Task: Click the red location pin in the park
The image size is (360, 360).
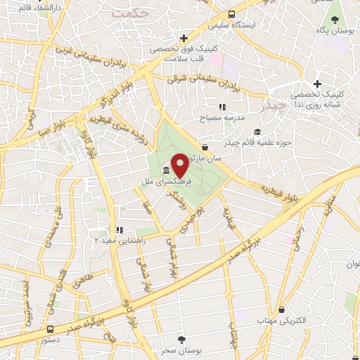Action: [179, 165]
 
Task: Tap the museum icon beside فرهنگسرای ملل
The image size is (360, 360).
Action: [166, 171]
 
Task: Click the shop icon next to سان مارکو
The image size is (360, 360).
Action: [205, 147]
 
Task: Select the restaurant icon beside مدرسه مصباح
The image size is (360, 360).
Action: [221, 107]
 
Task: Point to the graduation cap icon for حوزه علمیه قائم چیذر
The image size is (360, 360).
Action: [257, 132]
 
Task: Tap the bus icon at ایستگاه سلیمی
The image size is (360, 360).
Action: [231, 15]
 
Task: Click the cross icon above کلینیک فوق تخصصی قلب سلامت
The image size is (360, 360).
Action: [184, 38]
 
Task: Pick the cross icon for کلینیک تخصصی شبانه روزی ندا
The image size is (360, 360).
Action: [318, 84]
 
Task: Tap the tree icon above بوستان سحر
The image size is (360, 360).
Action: [182, 339]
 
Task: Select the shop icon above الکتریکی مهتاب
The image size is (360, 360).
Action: [281, 309]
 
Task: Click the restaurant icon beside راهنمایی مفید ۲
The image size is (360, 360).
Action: [119, 230]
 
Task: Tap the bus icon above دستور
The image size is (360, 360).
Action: [50, 329]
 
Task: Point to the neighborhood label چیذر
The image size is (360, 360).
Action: [273, 106]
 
